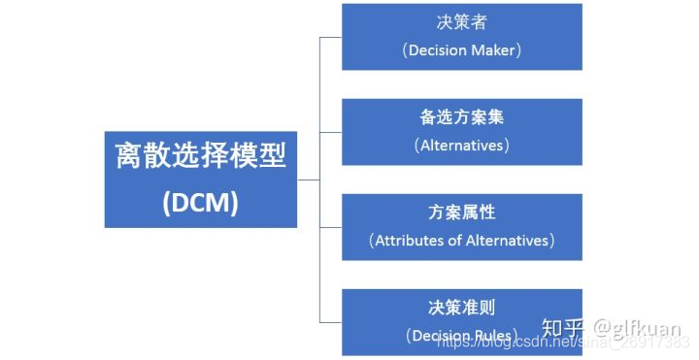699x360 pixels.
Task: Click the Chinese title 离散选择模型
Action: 201,155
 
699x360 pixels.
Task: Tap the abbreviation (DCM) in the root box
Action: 201,203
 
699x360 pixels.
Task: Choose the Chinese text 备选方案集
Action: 462,116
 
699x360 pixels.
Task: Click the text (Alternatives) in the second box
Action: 462,146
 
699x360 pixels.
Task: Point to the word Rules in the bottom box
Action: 493,336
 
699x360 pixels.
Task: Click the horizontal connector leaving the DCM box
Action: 308,180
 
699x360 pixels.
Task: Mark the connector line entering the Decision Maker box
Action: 330,37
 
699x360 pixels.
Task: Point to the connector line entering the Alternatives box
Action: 330,132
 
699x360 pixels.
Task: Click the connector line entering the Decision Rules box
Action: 330,322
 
